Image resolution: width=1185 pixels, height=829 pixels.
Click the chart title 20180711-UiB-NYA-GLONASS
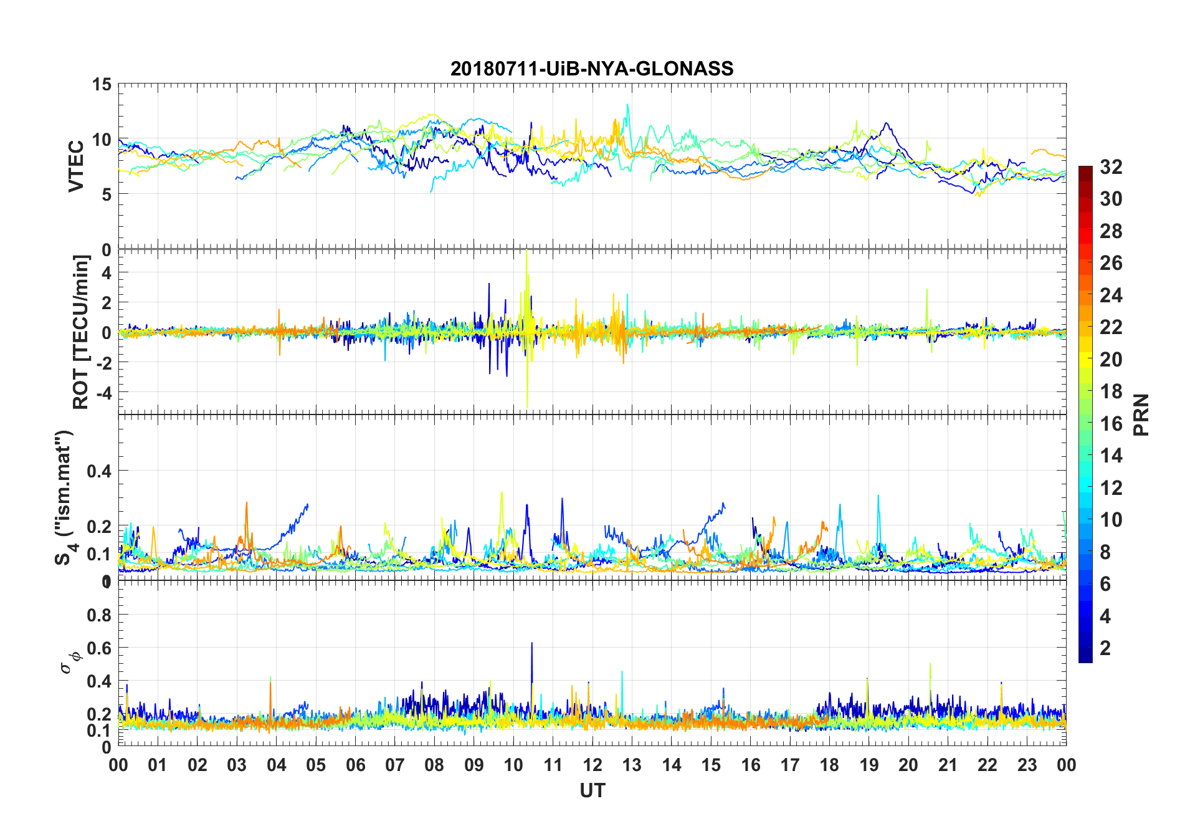pos(592,69)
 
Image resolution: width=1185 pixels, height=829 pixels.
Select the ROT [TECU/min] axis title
pos(81,332)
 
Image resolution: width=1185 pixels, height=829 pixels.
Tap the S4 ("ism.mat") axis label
pos(65,497)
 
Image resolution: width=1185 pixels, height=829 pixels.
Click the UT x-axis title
pos(592,790)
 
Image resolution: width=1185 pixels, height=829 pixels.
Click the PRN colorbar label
pos(1141,414)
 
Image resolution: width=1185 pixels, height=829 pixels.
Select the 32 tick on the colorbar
pos(1111,166)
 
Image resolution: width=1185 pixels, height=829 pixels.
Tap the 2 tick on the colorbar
pos(1105,648)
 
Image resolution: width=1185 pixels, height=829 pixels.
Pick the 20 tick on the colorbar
pos(1111,359)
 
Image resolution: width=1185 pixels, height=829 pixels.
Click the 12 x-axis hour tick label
pos(592,765)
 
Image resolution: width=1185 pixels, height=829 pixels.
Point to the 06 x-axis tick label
pos(355,765)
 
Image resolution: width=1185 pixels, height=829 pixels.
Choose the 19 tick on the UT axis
pos(869,765)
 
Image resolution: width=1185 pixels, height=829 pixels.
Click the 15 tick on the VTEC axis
pos(102,84)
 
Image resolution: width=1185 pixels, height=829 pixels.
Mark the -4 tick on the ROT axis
pos(102,393)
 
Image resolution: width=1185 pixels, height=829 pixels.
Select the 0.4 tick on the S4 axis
pos(99,471)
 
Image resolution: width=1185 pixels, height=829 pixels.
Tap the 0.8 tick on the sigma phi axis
pos(99,615)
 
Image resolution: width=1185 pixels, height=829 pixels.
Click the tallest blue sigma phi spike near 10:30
pos(531,643)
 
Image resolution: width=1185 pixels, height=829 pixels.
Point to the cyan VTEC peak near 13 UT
pos(627,105)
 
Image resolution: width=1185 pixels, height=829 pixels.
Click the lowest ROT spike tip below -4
pos(527,407)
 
